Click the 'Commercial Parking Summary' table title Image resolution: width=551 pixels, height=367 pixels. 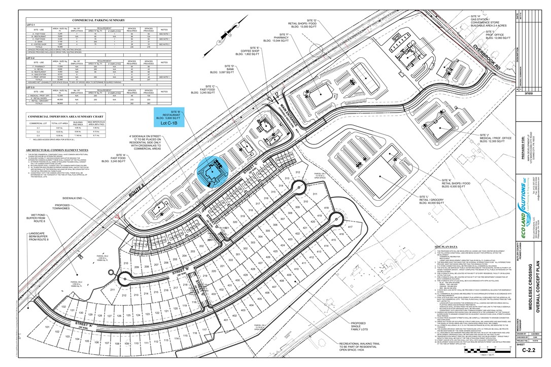point(98,20)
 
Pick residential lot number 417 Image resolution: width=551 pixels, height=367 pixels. point(350,227)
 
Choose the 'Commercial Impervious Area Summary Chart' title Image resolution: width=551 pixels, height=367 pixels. point(62,116)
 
